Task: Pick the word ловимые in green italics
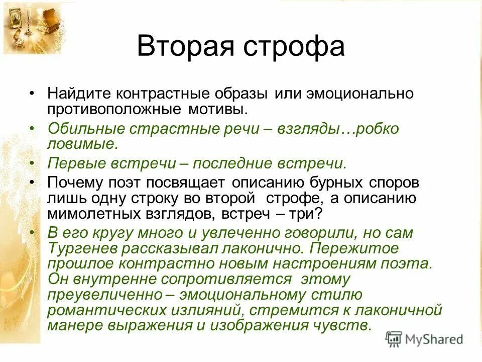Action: [82, 144]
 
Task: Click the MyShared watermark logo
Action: [425, 338]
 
